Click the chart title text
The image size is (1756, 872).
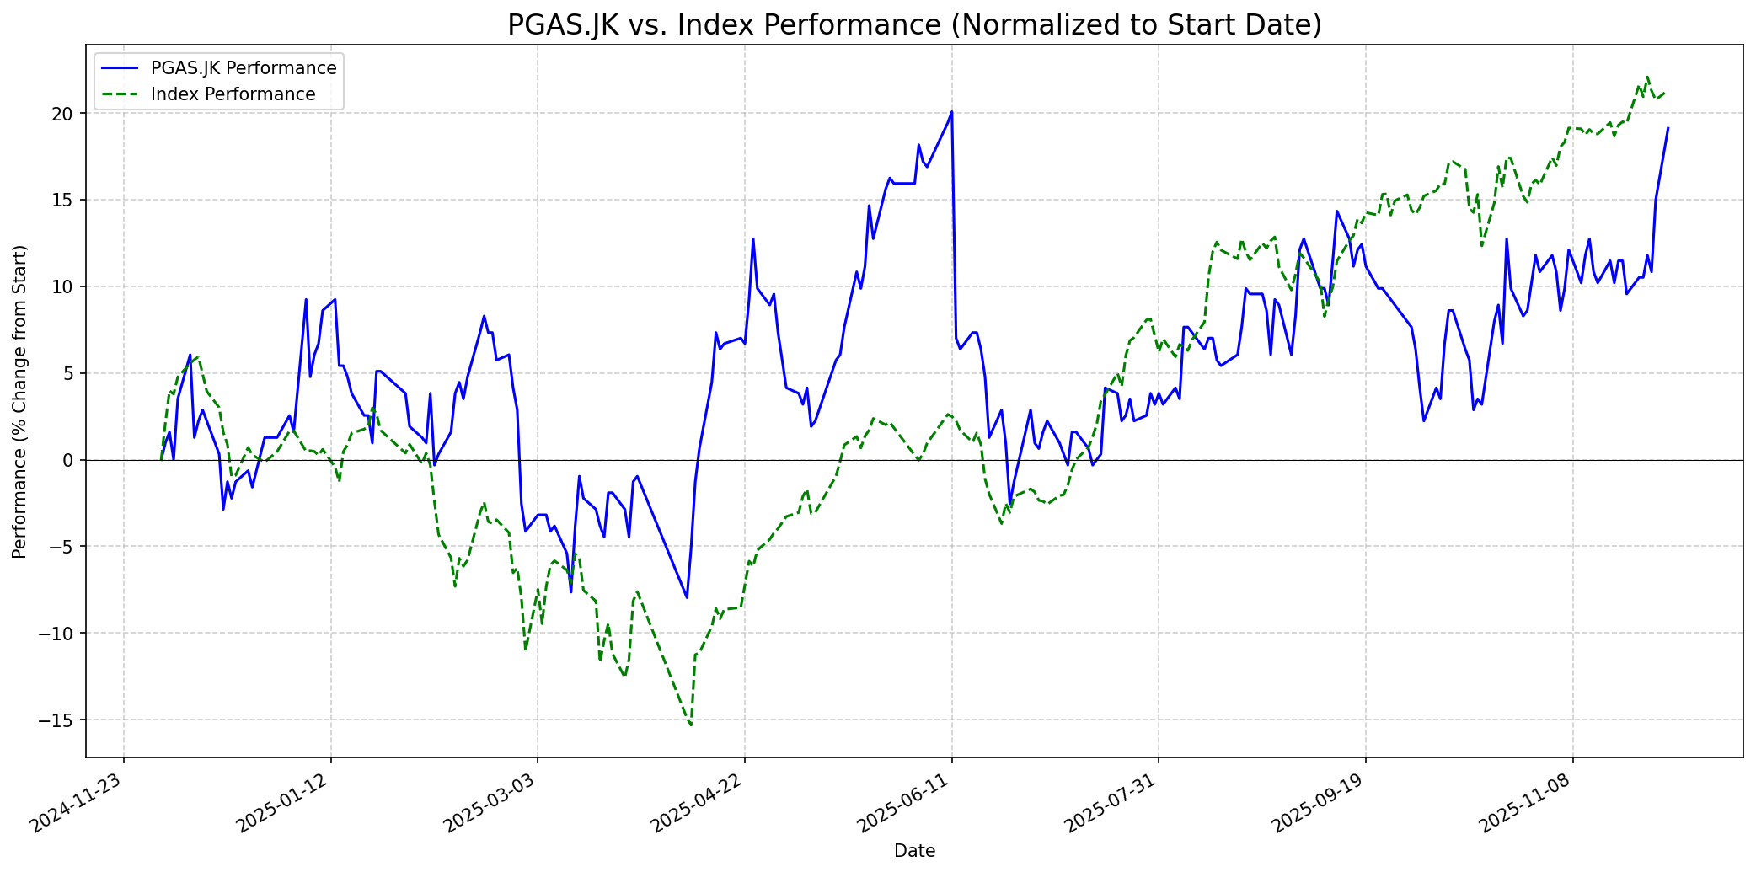point(914,25)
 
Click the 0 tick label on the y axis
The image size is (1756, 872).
point(71,460)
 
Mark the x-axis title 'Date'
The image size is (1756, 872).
point(914,851)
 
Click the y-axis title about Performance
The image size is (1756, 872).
point(19,401)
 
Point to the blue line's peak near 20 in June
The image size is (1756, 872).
point(951,111)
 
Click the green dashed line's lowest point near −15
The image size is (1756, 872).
point(691,725)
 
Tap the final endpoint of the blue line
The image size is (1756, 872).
point(1668,128)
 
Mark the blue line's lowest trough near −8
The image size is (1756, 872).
point(687,597)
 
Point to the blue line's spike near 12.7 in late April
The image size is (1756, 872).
point(753,238)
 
